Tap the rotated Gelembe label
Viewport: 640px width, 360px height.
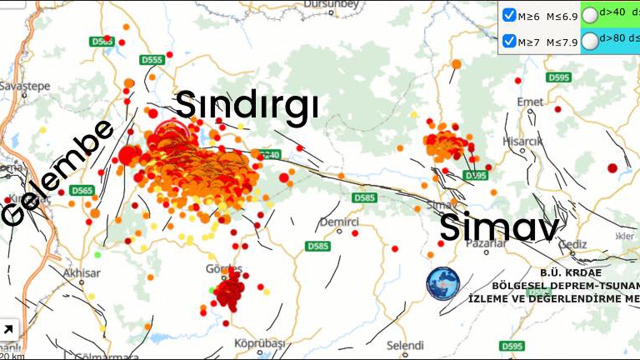(57, 172)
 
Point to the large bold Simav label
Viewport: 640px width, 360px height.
(499, 227)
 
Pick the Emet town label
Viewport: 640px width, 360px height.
(530, 102)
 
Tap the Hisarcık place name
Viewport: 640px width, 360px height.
(522, 141)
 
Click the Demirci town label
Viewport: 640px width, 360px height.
(339, 221)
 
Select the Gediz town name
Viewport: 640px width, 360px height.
(573, 243)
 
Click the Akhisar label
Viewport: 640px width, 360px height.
(81, 273)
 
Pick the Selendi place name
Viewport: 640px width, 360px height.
(405, 345)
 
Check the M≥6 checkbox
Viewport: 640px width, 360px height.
(509, 15)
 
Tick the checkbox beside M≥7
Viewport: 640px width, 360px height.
(509, 41)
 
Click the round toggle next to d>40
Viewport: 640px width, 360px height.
(590, 15)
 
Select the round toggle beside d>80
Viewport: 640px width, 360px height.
(590, 41)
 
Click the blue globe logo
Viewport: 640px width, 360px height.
(443, 283)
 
